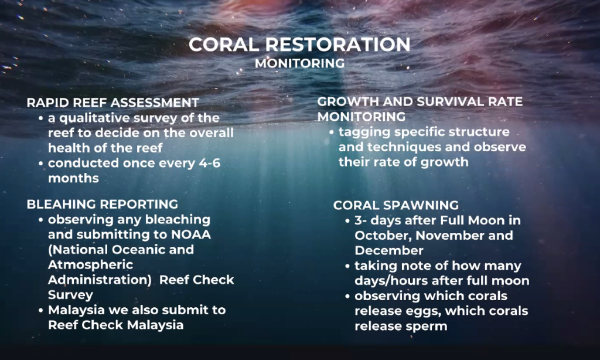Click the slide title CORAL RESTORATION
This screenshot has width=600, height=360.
[x=299, y=45]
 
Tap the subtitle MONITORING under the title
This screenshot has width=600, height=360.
[x=299, y=63]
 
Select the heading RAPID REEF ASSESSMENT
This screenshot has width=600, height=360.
[x=113, y=103]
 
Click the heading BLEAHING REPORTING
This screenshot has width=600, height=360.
[x=103, y=204]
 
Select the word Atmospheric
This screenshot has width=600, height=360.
[x=91, y=264]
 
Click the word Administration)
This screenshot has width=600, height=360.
[x=100, y=280]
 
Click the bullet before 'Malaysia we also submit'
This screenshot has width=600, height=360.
[x=41, y=311]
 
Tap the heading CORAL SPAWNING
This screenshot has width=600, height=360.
[x=396, y=205]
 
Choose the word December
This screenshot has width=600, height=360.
[x=389, y=250]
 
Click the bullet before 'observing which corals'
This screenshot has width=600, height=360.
[x=347, y=297]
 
